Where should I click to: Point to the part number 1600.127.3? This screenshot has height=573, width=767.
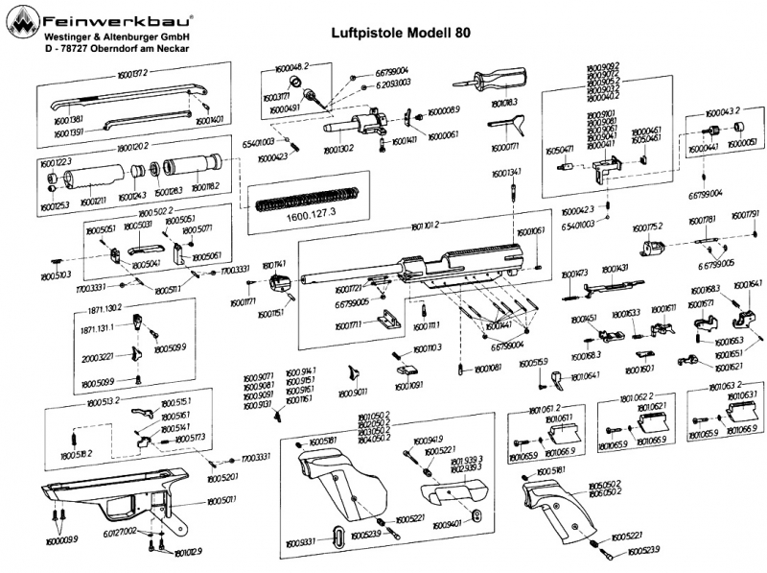[x=311, y=216]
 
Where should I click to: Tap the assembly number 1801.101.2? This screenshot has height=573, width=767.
[x=424, y=224]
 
